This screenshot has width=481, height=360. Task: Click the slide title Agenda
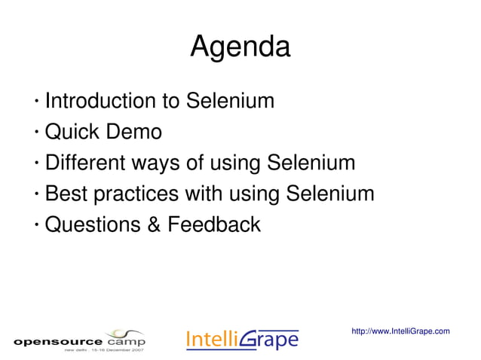click(240, 47)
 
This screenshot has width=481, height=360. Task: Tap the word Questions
click(93, 224)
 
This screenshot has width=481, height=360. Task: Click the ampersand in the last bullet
click(155, 224)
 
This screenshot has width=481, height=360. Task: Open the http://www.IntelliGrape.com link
click(400, 331)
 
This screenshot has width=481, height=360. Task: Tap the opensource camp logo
click(78, 340)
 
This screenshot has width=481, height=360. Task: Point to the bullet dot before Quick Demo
click(36, 134)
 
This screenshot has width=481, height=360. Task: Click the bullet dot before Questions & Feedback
click(36, 226)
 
